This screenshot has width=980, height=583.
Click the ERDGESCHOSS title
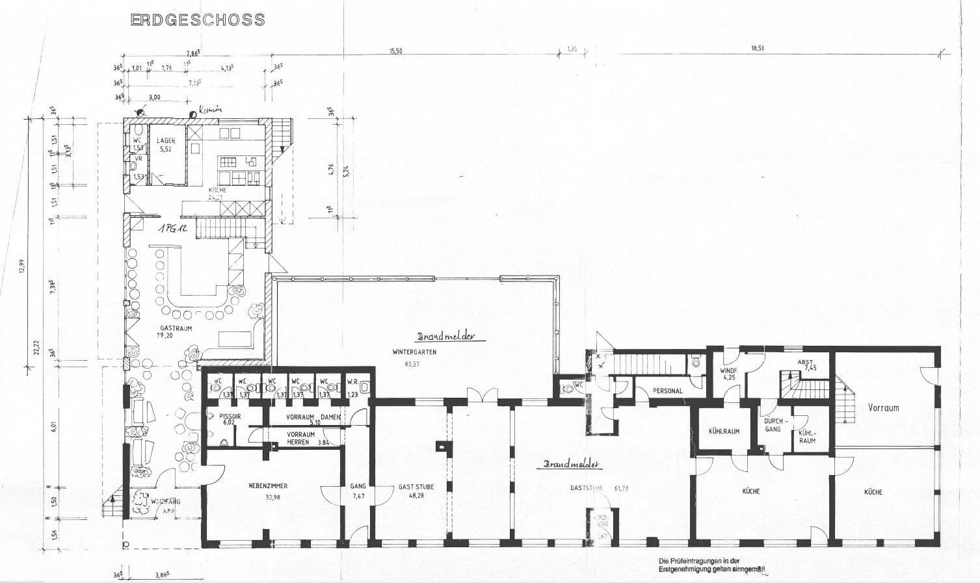(198, 20)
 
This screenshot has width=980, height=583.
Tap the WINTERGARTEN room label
(414, 352)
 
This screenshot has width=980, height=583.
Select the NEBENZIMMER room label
(268, 486)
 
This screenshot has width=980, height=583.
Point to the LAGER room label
(166, 141)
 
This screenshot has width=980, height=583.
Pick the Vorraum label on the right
(883, 408)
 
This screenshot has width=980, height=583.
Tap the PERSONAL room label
(667, 391)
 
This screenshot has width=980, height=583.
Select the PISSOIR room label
(231, 415)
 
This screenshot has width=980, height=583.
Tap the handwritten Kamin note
(210, 110)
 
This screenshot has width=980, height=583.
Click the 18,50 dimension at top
(757, 48)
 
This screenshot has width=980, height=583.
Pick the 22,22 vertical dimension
(36, 348)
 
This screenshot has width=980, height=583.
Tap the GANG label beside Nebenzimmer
(358, 486)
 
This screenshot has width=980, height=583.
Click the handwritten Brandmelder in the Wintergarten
(447, 337)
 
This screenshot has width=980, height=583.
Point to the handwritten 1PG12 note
(171, 229)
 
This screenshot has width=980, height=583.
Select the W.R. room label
(352, 382)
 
